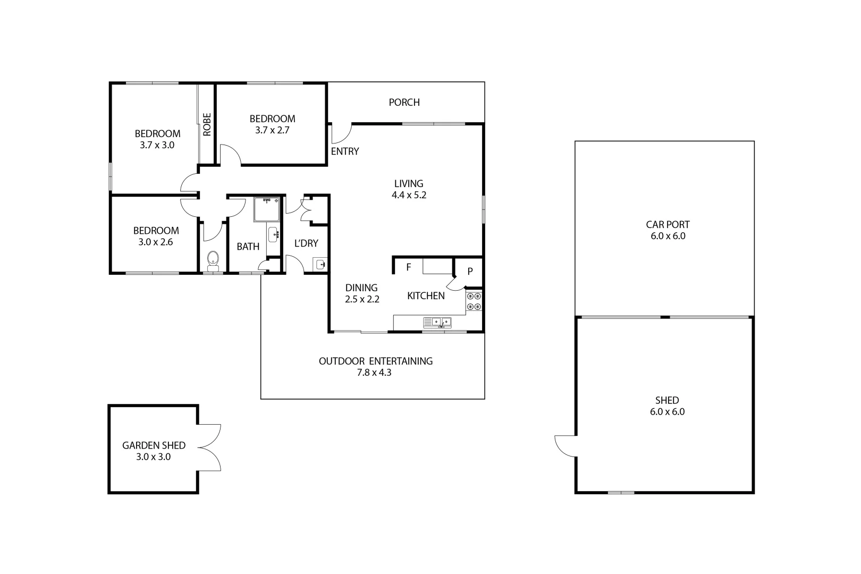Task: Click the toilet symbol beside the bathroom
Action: point(213,259)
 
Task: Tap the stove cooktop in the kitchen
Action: point(474,301)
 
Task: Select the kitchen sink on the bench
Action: point(437,322)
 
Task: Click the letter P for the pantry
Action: point(470,272)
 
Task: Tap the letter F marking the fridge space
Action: point(409,267)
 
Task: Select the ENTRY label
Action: point(345,151)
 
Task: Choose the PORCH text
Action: point(404,103)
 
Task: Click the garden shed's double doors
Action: point(209,447)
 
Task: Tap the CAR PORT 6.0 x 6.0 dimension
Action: point(668,237)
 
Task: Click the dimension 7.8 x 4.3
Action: point(374,373)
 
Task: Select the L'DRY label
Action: point(306,243)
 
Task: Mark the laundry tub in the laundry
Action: point(320,264)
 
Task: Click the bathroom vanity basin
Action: point(273,234)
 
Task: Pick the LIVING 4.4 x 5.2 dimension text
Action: point(409,195)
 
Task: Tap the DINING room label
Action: point(361,288)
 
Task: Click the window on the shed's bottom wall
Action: point(621,492)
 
